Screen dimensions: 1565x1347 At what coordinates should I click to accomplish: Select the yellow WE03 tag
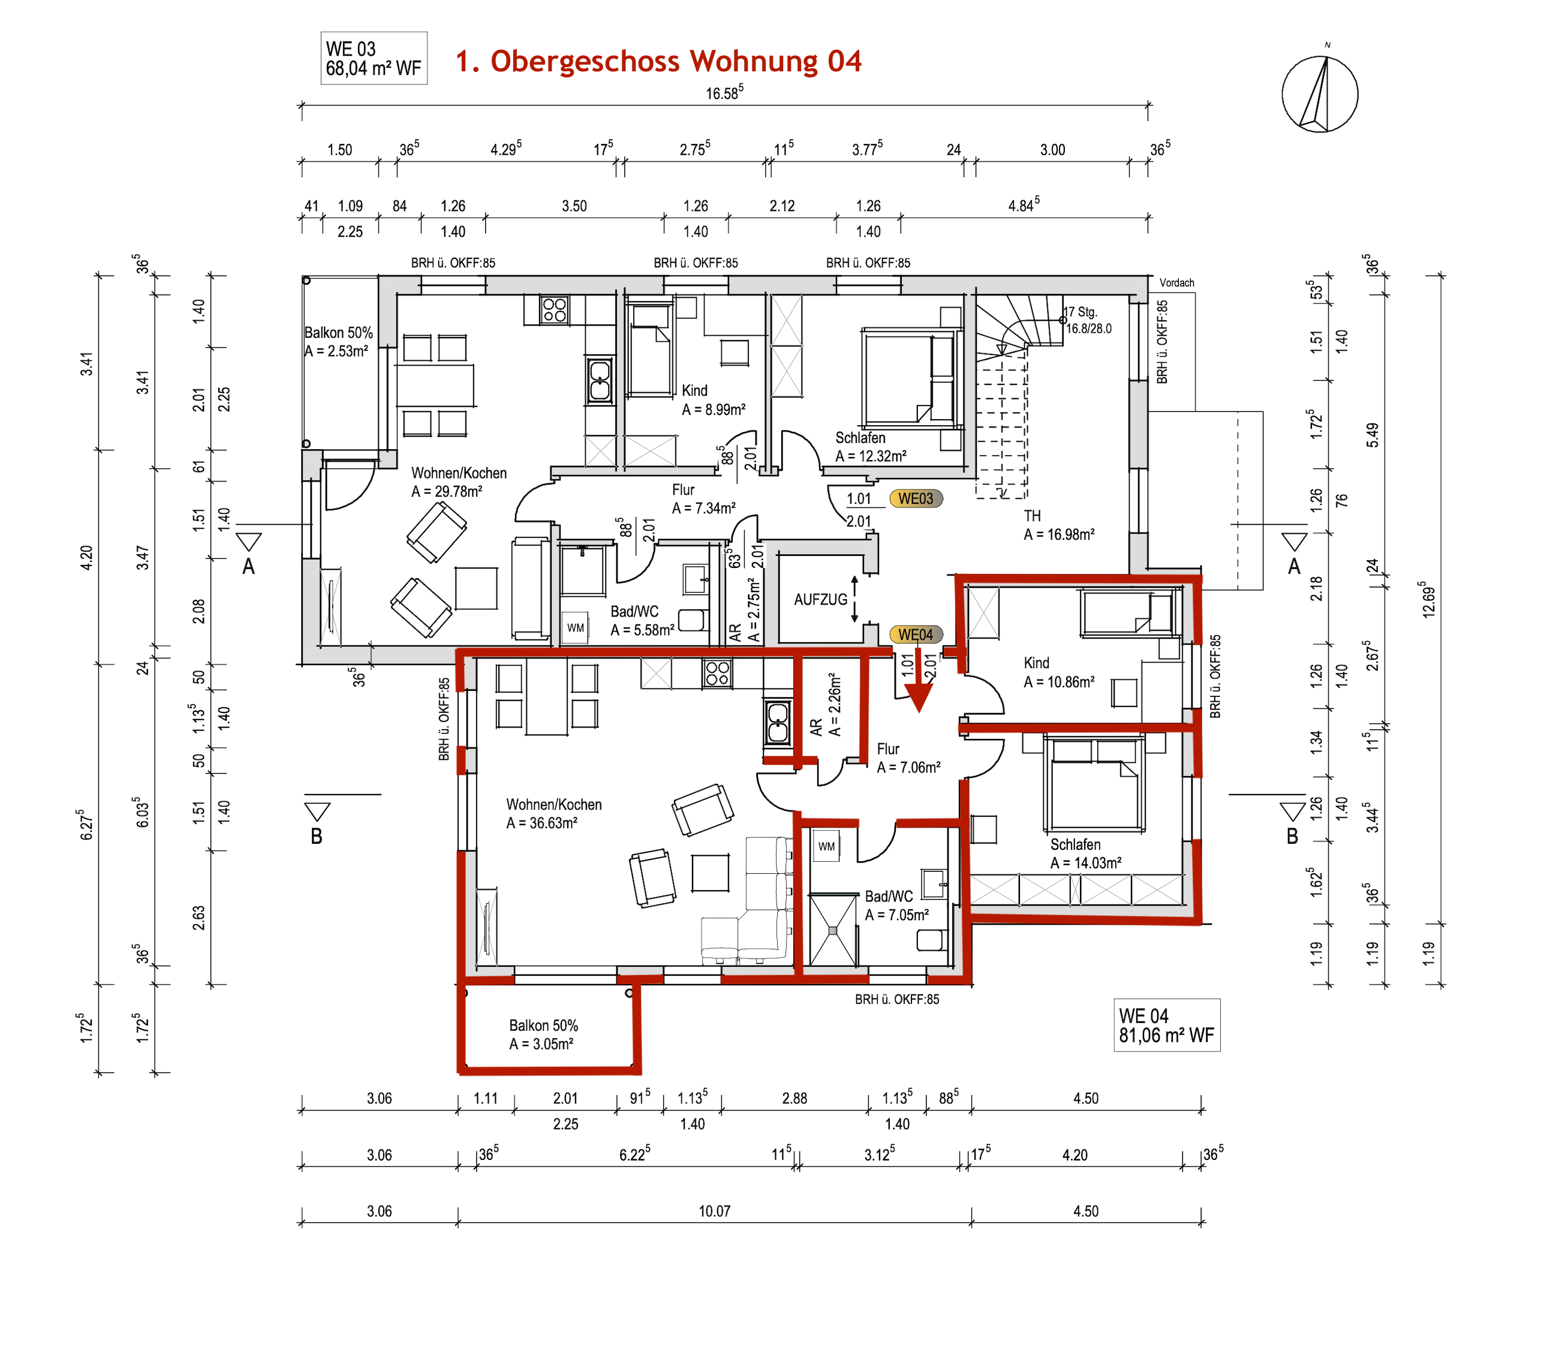(916, 498)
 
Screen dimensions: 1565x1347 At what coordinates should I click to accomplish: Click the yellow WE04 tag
(916, 635)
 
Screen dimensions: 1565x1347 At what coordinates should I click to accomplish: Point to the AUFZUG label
(820, 600)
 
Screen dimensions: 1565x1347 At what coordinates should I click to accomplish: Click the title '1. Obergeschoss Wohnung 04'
(658, 61)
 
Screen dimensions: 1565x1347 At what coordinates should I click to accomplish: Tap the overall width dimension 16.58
(724, 92)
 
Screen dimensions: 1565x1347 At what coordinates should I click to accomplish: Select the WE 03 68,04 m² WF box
(374, 58)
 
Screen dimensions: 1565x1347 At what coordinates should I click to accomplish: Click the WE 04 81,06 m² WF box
(1167, 1025)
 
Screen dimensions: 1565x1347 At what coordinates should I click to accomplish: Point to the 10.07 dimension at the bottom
(714, 1211)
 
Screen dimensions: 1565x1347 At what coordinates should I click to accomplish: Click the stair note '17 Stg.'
(1081, 311)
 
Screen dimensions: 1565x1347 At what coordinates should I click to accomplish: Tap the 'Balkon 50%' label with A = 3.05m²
(543, 1025)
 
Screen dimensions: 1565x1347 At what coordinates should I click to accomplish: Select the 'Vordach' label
(1177, 282)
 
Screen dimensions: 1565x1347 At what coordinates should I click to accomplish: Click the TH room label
(1032, 516)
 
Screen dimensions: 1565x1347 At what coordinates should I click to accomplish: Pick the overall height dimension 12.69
(1428, 599)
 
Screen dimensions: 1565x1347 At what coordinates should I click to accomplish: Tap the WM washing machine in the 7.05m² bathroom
(826, 846)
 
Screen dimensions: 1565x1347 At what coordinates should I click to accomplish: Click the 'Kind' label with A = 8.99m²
(695, 390)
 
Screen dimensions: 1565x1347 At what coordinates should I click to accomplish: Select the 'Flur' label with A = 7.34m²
(683, 489)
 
